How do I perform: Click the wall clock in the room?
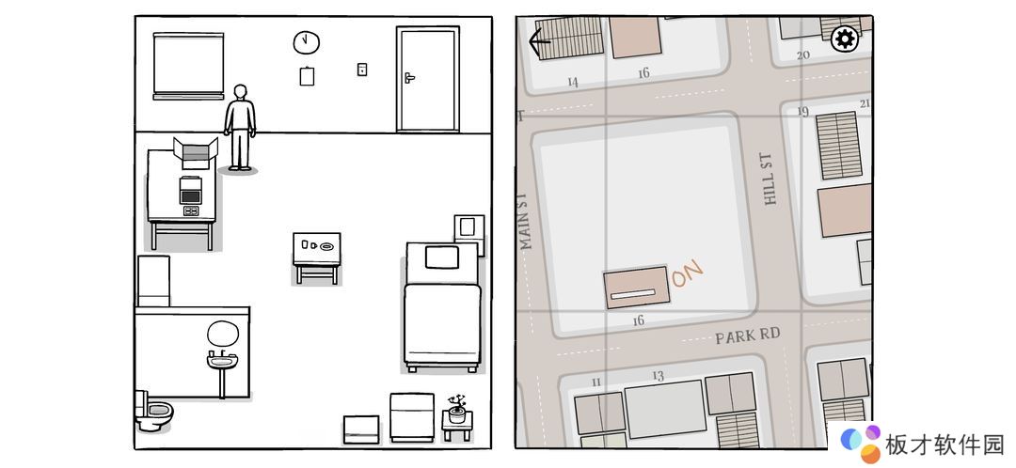[307, 42]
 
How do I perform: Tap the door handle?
[409, 78]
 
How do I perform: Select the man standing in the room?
[240, 128]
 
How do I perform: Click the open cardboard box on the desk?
[195, 153]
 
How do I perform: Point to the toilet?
[153, 411]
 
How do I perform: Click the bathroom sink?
[222, 360]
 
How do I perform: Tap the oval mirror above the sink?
[223, 334]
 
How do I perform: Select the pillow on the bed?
[442, 257]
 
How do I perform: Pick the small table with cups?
[316, 257]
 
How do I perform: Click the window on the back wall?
[188, 66]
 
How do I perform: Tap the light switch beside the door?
[362, 70]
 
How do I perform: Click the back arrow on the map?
[539, 42]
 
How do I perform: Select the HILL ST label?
[768, 179]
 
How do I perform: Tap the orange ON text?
[688, 273]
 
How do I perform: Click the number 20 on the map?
[803, 55]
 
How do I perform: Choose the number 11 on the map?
[596, 382]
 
